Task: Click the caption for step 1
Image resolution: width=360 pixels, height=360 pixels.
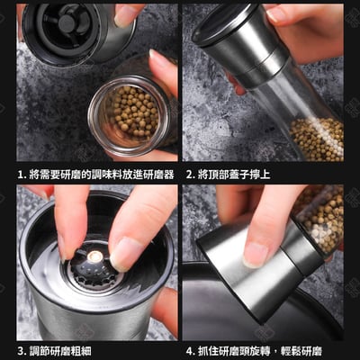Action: click(95, 174)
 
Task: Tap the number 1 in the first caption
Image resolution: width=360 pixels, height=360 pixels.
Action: click(21, 174)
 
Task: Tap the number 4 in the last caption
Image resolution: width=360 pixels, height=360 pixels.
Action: click(190, 350)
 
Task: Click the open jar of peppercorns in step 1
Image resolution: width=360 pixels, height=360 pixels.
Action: click(133, 112)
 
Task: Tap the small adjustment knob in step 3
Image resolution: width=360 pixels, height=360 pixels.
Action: click(94, 258)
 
